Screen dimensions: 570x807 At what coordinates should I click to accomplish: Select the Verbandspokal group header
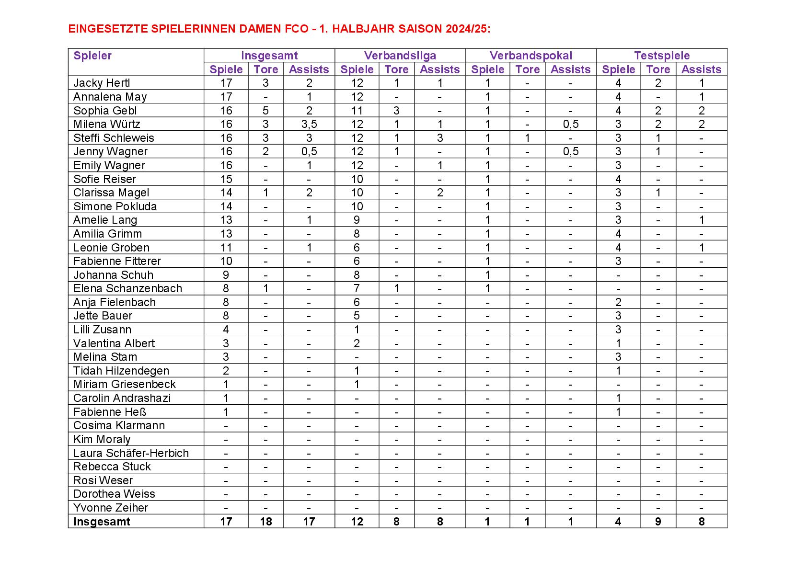point(530,56)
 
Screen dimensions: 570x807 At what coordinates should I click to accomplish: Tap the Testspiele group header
point(661,56)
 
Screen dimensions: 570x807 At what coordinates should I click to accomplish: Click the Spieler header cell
point(92,56)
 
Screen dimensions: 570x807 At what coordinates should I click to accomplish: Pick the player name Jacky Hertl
point(102,83)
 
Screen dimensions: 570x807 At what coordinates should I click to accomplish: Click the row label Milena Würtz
point(106,124)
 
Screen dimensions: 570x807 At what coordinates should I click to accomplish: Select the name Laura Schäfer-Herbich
point(131,453)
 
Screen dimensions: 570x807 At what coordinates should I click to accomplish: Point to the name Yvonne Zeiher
point(110,508)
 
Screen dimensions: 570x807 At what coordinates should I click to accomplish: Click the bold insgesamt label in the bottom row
point(102,522)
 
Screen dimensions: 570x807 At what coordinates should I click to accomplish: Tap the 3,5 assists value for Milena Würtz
point(309,124)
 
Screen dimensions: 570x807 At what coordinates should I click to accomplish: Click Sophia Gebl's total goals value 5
point(265,111)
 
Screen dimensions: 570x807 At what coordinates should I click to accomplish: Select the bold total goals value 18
point(265,522)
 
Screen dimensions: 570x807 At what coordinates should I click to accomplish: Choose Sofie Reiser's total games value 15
point(226,179)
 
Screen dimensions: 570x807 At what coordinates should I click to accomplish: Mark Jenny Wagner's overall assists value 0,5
point(309,152)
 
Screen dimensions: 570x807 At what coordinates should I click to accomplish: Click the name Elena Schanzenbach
point(127,288)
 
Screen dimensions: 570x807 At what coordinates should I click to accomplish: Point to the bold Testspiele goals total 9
point(658,522)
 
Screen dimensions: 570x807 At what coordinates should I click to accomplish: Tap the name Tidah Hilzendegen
point(121,371)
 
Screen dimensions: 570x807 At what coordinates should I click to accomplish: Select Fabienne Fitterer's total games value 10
point(226,261)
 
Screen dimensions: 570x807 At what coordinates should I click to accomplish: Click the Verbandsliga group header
point(400,56)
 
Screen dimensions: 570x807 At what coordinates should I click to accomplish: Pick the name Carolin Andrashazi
point(122,398)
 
